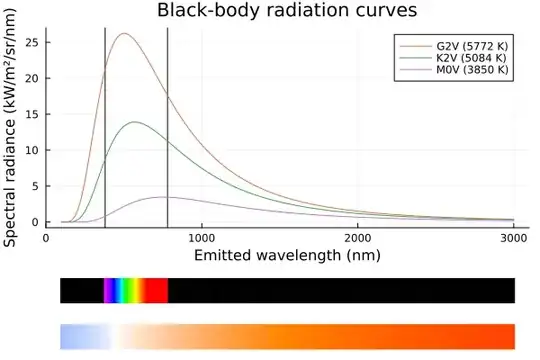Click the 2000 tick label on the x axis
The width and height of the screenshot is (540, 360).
click(x=358, y=238)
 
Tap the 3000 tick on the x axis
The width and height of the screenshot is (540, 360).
click(x=513, y=238)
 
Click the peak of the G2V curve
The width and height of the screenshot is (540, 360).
click(x=124, y=34)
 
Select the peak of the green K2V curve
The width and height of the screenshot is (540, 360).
click(x=134, y=122)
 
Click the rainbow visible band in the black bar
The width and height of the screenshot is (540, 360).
click(x=136, y=290)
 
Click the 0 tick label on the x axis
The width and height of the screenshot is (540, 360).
click(x=46, y=238)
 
